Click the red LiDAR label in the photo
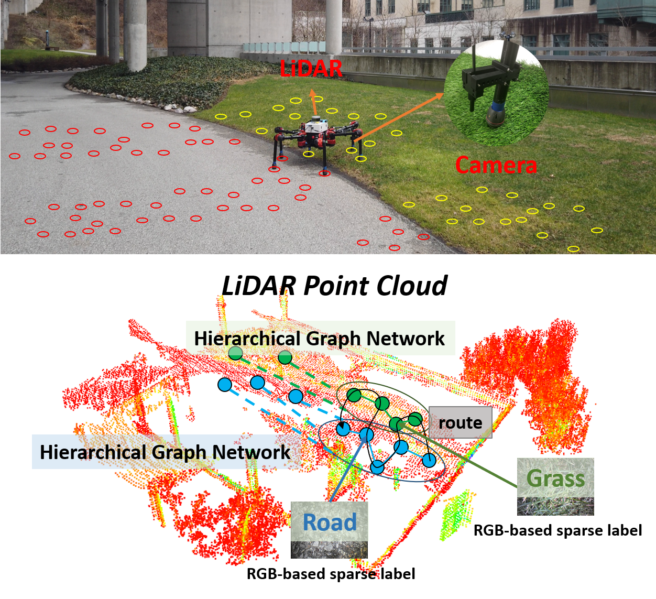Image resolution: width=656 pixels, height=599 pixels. click(311, 69)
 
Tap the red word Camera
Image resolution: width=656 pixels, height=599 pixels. click(496, 165)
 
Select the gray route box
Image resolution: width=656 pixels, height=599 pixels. click(460, 422)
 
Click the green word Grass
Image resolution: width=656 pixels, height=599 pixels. click(555, 478)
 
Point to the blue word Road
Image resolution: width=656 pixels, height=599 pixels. click(329, 522)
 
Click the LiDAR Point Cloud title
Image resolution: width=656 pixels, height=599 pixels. click(334, 286)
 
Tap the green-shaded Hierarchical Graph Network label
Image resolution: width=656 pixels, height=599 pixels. click(320, 338)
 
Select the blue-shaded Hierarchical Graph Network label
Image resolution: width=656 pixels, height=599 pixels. click(165, 452)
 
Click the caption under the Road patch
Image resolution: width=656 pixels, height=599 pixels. click(331, 574)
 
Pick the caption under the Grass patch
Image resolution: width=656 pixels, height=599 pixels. click(557, 530)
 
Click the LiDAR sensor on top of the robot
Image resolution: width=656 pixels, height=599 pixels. click(315, 119)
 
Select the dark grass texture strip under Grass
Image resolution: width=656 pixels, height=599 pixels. click(555, 506)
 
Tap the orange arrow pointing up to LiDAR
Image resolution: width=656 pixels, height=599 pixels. click(313, 102)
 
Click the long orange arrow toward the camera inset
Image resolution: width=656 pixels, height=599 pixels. click(398, 117)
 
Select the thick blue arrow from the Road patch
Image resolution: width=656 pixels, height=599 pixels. click(349, 468)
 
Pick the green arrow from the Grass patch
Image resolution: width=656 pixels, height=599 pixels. click(457, 455)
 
